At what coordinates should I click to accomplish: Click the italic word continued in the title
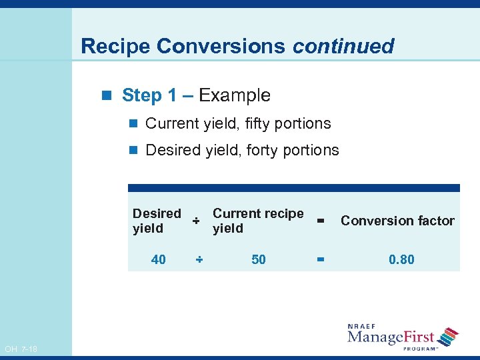[x=343, y=46]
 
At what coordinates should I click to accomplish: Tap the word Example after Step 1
[x=235, y=95]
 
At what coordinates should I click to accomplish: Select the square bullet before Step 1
[x=110, y=96]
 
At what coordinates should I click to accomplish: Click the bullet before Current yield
[x=134, y=124]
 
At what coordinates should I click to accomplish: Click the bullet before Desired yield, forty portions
[x=134, y=151]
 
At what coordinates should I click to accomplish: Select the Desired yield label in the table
[x=157, y=221]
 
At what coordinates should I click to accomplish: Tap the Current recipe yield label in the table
[x=257, y=221]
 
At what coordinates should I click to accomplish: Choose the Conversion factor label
[x=397, y=221]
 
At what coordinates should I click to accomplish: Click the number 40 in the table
[x=159, y=259]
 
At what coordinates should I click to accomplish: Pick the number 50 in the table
[x=259, y=259]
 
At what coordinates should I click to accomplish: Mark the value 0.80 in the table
[x=401, y=259]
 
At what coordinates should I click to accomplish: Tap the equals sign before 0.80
[x=320, y=259]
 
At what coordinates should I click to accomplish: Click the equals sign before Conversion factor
[x=320, y=221]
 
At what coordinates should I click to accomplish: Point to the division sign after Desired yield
[x=196, y=221]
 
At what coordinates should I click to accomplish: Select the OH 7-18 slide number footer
[x=21, y=349]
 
